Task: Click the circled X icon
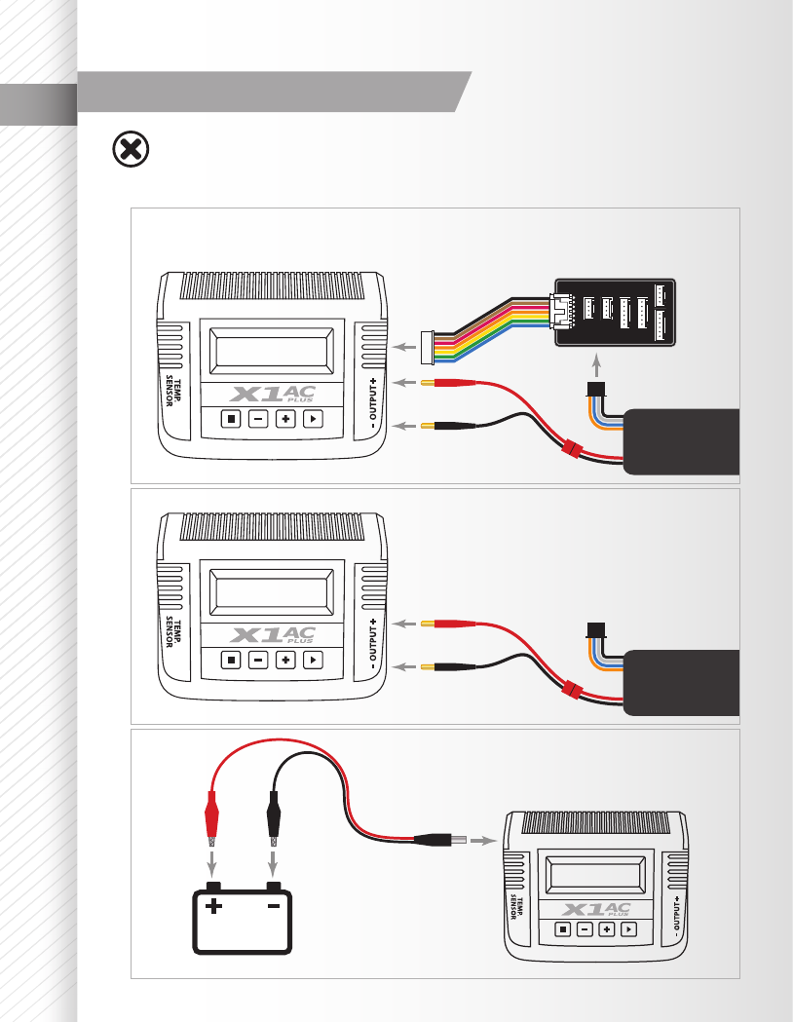[131, 150]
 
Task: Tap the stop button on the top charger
[231, 419]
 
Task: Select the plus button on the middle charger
[285, 660]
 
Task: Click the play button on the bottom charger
[628, 928]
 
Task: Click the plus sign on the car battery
[213, 906]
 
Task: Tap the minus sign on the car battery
[274, 906]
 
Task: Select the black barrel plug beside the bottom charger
[440, 840]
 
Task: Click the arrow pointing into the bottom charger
[483, 840]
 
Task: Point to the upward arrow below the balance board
[596, 365]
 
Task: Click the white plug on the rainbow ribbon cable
[428, 348]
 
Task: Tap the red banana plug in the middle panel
[448, 624]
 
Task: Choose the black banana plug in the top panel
[448, 426]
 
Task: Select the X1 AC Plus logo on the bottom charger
[596, 909]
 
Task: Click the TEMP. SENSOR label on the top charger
[173, 391]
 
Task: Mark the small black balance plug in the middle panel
[596, 630]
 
